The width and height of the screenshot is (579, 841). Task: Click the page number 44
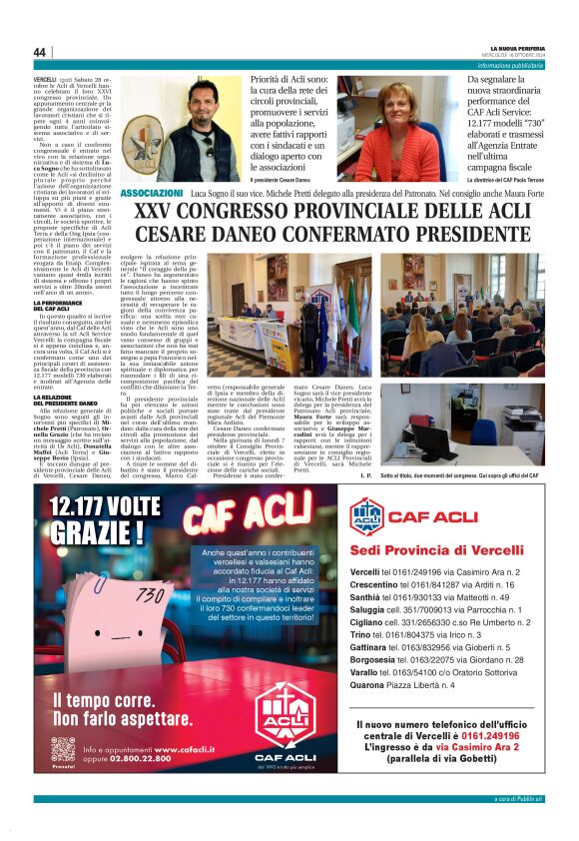tap(40, 52)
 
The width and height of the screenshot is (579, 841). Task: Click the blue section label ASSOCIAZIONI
tap(151, 193)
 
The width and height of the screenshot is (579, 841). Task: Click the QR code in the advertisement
tap(62, 752)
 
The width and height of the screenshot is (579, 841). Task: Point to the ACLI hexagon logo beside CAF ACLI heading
tap(366, 515)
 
